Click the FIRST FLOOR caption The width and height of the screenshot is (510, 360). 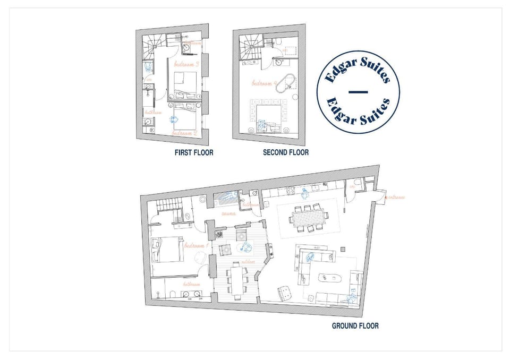[x=194, y=152]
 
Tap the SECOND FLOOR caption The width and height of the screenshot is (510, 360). [x=285, y=152]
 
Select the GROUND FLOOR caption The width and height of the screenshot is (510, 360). [x=355, y=325]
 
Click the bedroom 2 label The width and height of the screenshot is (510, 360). [x=185, y=133]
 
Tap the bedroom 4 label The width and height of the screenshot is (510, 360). [x=265, y=83]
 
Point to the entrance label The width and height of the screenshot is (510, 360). [x=395, y=198]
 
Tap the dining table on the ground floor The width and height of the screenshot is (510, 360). [x=308, y=217]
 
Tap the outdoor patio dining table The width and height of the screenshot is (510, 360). [x=236, y=278]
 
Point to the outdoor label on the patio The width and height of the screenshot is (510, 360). [x=248, y=262]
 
